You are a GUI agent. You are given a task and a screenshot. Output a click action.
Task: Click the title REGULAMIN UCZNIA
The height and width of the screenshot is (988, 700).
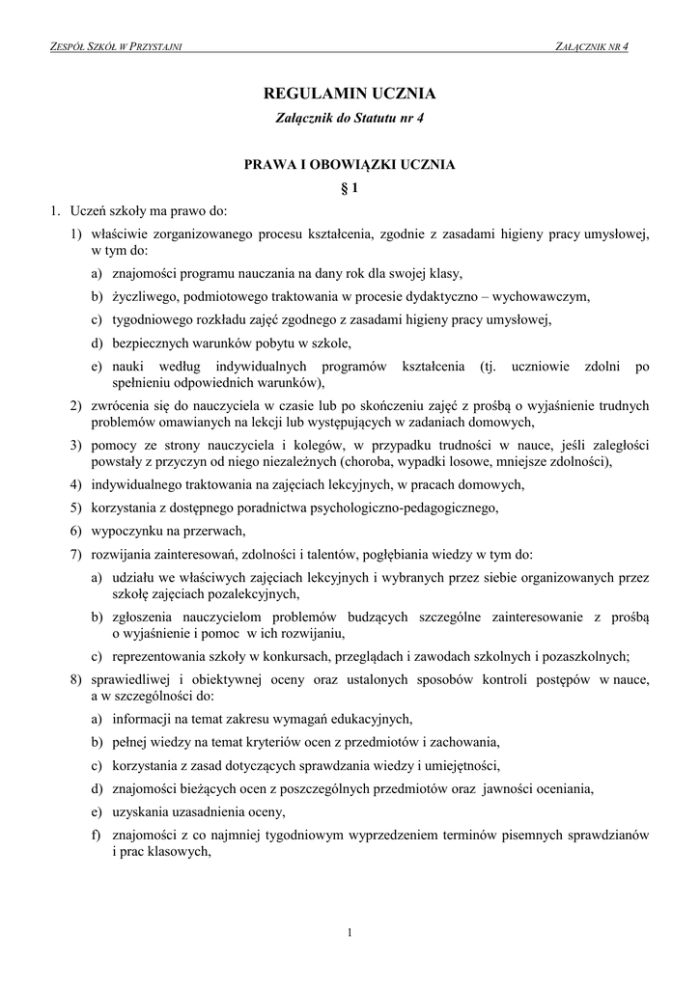pyautogui.click(x=350, y=94)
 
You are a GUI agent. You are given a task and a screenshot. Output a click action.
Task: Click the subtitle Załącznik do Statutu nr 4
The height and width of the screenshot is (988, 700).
pyautogui.click(x=350, y=119)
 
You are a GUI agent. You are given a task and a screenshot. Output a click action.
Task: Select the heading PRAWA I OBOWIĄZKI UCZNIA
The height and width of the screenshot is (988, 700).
pyautogui.click(x=350, y=165)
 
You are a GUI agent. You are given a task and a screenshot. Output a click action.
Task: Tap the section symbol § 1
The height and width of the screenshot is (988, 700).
pyautogui.click(x=350, y=188)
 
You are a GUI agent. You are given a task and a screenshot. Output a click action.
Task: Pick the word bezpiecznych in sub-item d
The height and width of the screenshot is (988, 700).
pyautogui.click(x=148, y=343)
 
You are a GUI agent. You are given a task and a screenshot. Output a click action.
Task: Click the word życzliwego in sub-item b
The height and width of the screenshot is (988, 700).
pyautogui.click(x=142, y=296)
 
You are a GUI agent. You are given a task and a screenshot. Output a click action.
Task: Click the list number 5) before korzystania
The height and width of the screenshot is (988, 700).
pyautogui.click(x=75, y=508)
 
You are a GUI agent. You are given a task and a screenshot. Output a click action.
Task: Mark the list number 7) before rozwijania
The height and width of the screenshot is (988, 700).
pyautogui.click(x=75, y=555)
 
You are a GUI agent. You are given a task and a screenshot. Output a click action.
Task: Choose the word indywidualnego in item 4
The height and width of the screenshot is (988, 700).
pyautogui.click(x=140, y=484)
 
